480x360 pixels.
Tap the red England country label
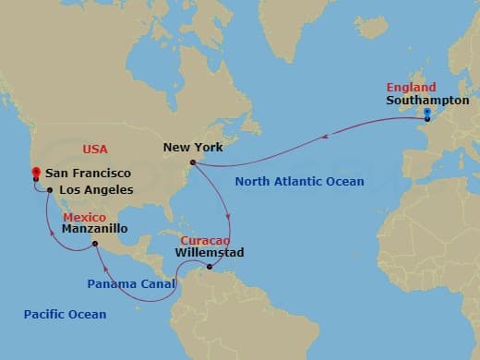click(x=408, y=88)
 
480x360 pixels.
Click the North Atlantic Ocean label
click(x=299, y=182)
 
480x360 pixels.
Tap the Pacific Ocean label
click(x=66, y=315)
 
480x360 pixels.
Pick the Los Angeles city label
click(x=95, y=190)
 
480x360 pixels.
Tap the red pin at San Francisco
click(x=35, y=173)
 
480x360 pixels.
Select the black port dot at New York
click(x=192, y=163)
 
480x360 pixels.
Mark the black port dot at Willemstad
click(x=210, y=269)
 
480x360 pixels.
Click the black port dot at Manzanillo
click(x=95, y=244)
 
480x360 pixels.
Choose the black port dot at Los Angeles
click(x=49, y=189)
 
